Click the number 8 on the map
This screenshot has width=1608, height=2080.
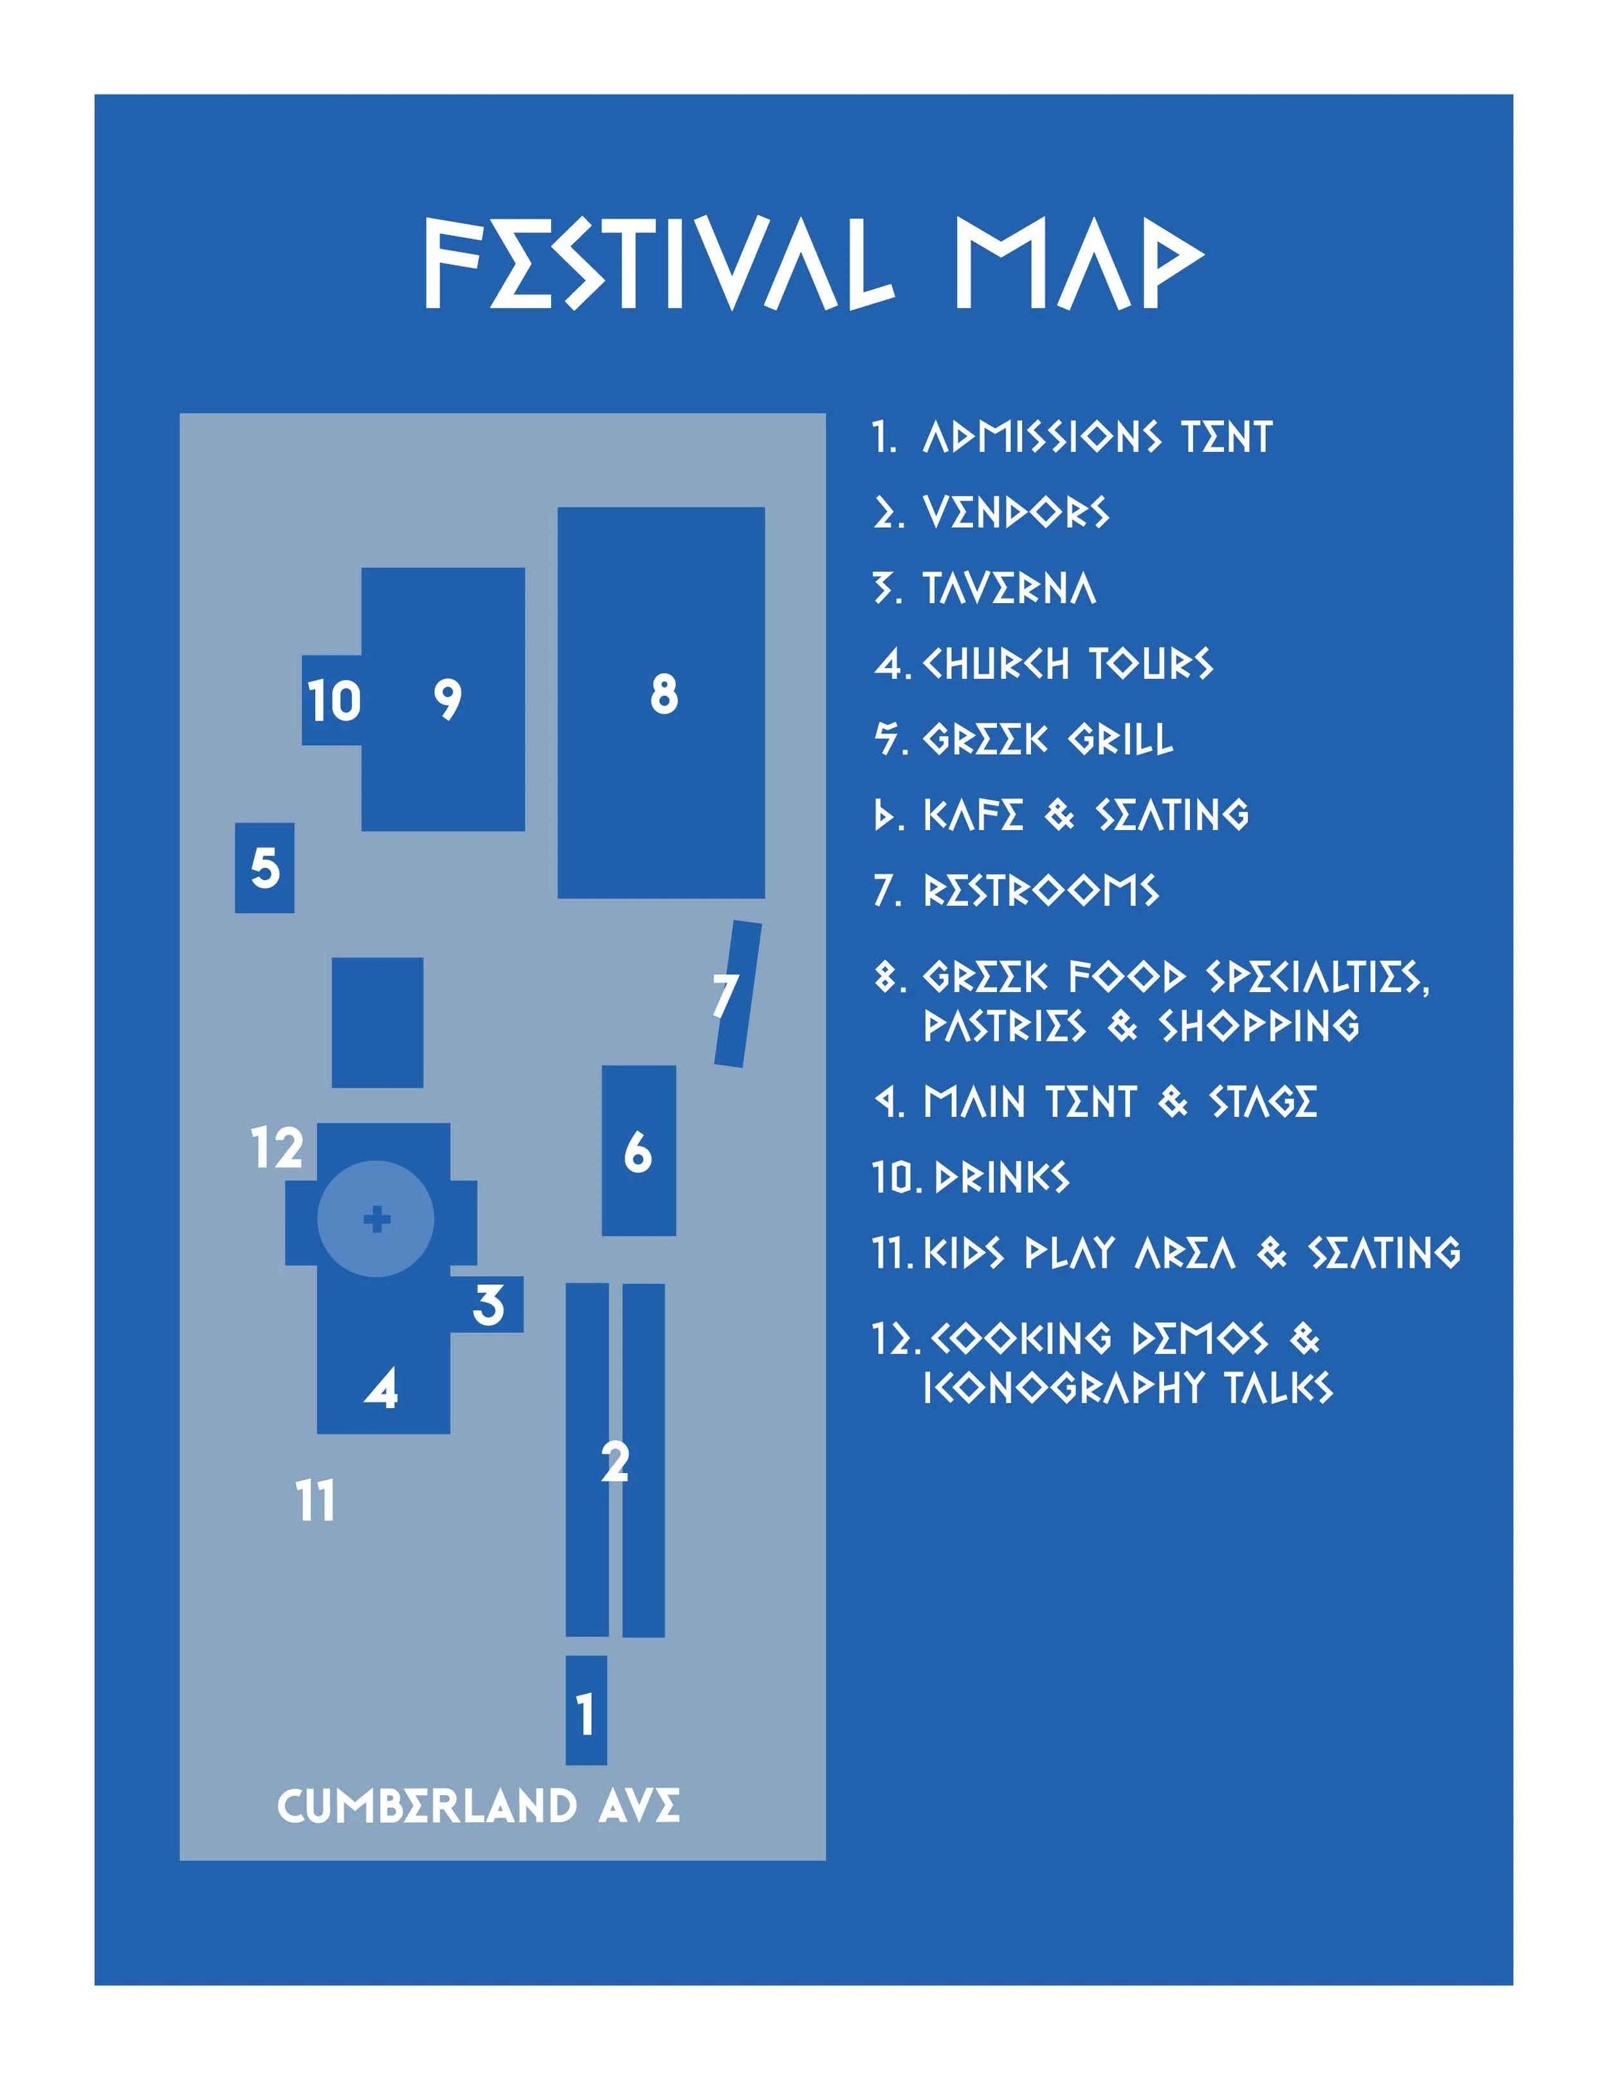click(664, 694)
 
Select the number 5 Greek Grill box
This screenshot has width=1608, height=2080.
click(265, 867)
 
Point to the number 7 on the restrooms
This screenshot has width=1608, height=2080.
click(726, 995)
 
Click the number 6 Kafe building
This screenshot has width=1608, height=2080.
click(638, 1152)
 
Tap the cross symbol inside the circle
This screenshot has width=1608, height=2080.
click(377, 1219)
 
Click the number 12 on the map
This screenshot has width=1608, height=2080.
click(277, 1148)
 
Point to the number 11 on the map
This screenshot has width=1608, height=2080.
click(315, 1502)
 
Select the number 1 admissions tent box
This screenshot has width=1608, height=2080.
click(586, 1714)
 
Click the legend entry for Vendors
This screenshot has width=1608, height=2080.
click(1016, 512)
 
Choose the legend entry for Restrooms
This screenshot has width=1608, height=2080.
click(1040, 891)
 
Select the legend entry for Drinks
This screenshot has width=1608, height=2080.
click(1002, 1178)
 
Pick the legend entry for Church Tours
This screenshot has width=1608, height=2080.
click(1067, 664)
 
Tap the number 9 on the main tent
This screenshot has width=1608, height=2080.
click(448, 700)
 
